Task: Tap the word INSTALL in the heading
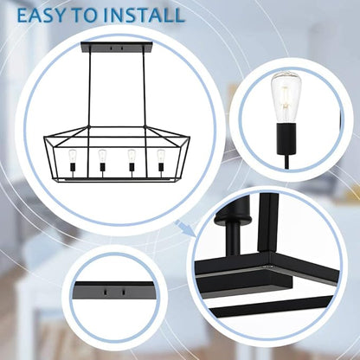point(144,15)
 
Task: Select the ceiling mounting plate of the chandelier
point(117,48)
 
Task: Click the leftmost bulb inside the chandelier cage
point(72,156)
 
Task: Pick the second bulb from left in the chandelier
point(102,156)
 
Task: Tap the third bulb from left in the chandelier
point(132,156)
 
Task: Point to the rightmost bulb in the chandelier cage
point(161,156)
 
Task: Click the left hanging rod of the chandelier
point(90,89)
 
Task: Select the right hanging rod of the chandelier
point(144,89)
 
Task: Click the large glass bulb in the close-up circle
point(286,97)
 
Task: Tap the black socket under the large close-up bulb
point(286,138)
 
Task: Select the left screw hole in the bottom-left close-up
point(106,292)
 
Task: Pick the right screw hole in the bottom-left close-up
point(124,292)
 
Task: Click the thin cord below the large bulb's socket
point(287,162)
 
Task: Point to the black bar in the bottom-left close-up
point(114,292)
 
